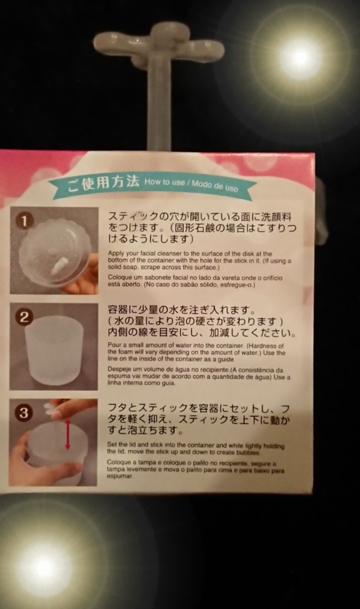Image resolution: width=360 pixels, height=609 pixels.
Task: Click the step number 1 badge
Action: [24, 221]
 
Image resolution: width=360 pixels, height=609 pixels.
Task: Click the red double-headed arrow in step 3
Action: [67, 434]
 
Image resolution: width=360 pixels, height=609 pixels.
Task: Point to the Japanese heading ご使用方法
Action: [102, 183]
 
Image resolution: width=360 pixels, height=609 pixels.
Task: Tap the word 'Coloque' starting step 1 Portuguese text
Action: [119, 277]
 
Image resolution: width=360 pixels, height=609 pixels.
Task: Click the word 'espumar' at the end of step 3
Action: [120, 477]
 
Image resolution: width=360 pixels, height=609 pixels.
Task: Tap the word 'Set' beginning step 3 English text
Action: [112, 445]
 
